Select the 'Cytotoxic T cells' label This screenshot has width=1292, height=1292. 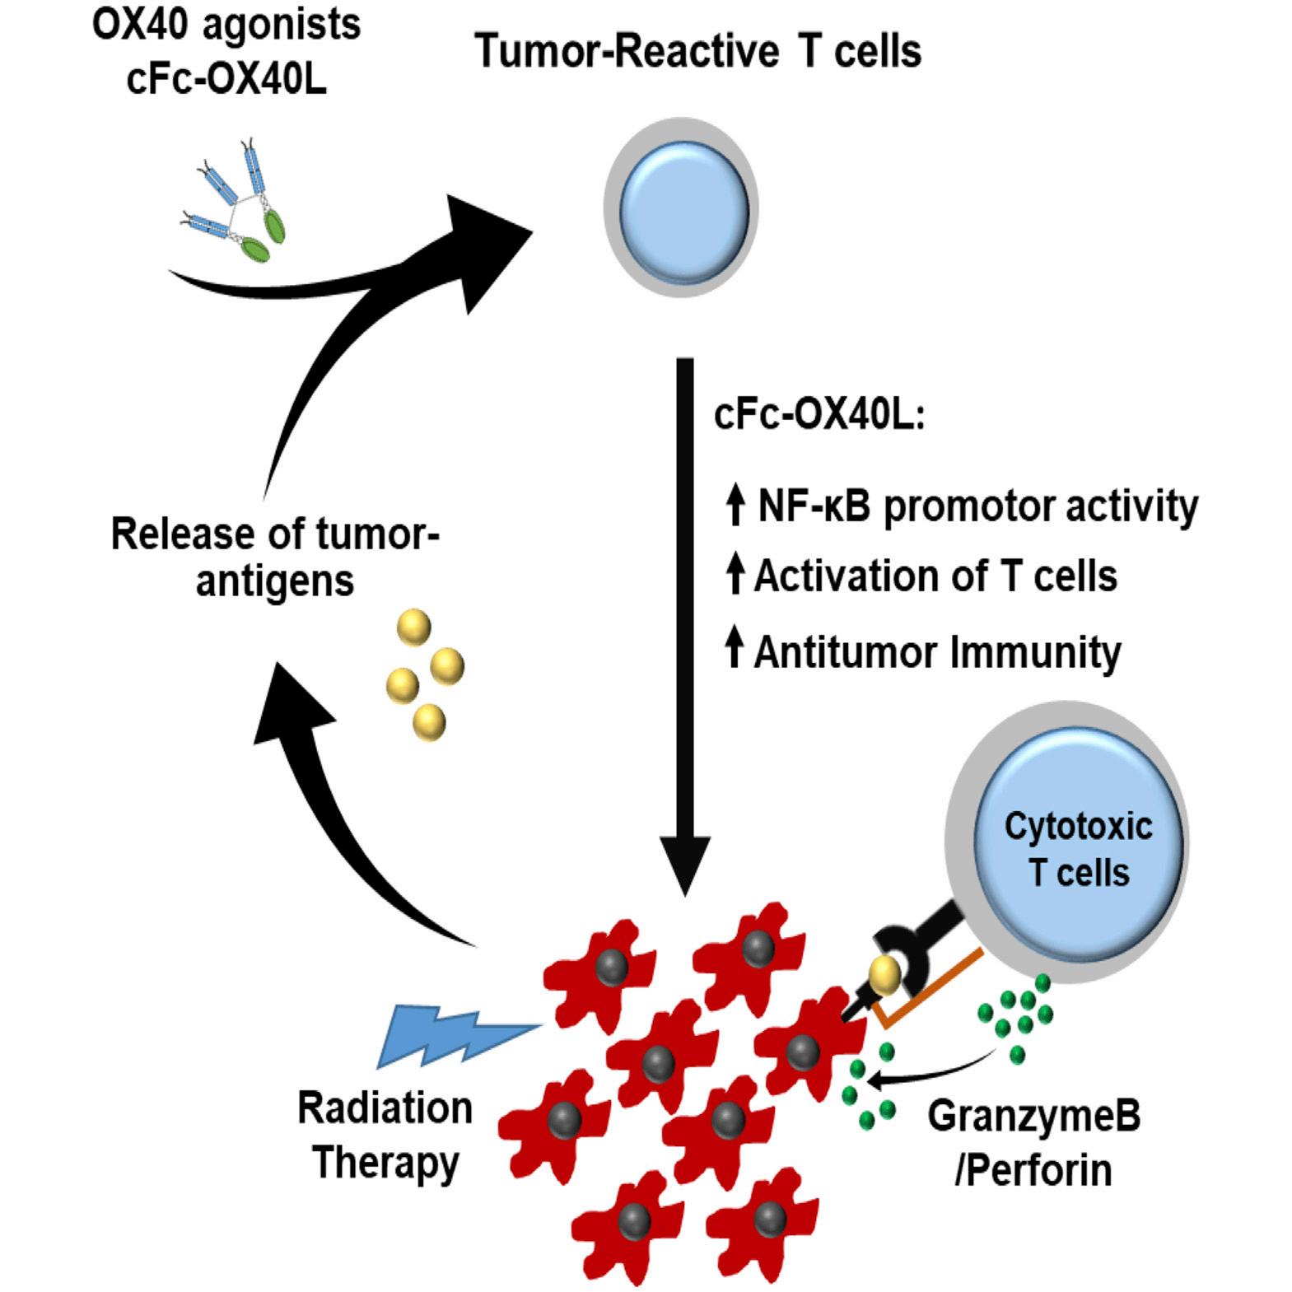1078,849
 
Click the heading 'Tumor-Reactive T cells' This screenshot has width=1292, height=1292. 698,51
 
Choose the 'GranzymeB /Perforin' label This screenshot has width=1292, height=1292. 1034,1144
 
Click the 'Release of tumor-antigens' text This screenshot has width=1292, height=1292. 275,557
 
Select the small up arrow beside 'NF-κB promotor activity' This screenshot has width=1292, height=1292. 735,504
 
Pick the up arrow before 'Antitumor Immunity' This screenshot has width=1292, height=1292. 734,647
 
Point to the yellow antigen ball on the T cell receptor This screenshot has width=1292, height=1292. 885,974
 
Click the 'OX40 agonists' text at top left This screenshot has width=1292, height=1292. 226,25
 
